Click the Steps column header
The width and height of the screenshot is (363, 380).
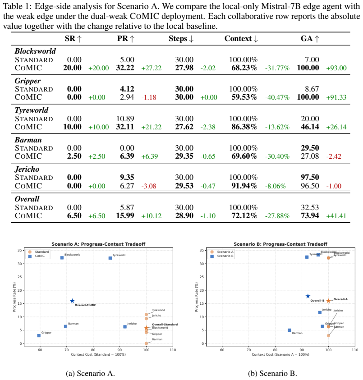[x=181, y=38]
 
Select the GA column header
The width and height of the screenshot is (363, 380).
[x=310, y=38]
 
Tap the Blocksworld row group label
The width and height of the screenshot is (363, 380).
[x=35, y=51]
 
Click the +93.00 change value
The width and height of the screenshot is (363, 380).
[x=336, y=68]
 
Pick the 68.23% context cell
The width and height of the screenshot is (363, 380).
[x=244, y=68]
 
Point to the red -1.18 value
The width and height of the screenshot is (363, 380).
[x=149, y=97]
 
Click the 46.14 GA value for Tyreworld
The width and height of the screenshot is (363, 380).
[x=310, y=127]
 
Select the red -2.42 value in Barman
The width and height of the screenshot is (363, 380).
[x=334, y=156]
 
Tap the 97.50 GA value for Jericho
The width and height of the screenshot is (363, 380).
[x=310, y=177]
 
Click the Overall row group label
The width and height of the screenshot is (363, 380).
[x=27, y=199]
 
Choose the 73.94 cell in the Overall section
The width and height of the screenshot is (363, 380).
[x=310, y=215]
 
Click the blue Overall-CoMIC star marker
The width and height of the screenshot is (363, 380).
[x=72, y=301]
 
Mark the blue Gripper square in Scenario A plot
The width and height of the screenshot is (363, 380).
[x=39, y=336]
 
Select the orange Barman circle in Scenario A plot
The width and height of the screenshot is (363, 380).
[x=146, y=343]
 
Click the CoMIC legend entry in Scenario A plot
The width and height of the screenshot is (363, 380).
[x=37, y=256]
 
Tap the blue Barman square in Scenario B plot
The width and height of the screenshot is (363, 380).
[x=289, y=330]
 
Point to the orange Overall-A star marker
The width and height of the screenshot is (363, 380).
[x=328, y=301]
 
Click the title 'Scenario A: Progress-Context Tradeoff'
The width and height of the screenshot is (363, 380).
[x=98, y=244]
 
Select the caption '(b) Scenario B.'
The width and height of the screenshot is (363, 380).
[x=272, y=373]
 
